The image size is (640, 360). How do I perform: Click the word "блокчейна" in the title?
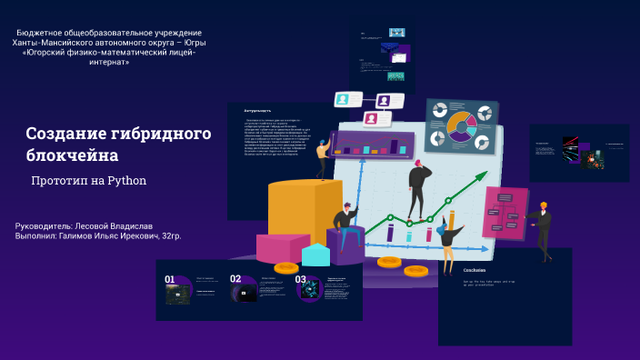point(72,155)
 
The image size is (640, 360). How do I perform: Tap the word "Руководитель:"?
point(43,225)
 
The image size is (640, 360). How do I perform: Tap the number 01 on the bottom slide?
point(170,280)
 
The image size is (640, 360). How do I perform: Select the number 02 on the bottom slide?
point(235,280)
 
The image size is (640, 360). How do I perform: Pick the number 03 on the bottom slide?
point(300,280)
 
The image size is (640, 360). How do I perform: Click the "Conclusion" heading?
point(475,270)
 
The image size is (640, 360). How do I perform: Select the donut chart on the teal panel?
point(461,125)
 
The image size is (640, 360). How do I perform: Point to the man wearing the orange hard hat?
point(543,227)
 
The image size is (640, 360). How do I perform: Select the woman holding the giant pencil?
point(447,242)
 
